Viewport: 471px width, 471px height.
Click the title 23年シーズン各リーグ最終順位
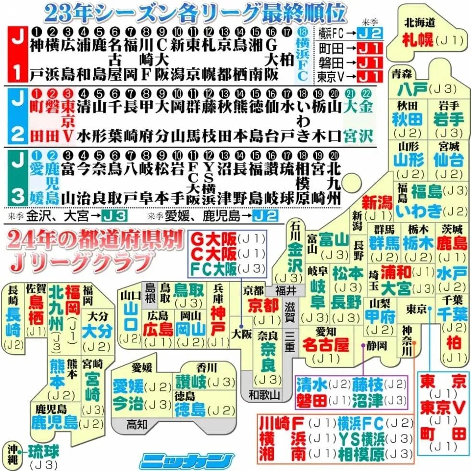pyautogui.click(x=195, y=13)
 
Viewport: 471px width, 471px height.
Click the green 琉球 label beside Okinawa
pyautogui.click(x=43, y=452)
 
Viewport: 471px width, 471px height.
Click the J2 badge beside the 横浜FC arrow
pyautogui.click(x=372, y=33)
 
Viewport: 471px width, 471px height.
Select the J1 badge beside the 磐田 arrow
pyautogui.click(x=372, y=62)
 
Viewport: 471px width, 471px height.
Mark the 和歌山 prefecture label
pyautogui.click(x=264, y=395)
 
